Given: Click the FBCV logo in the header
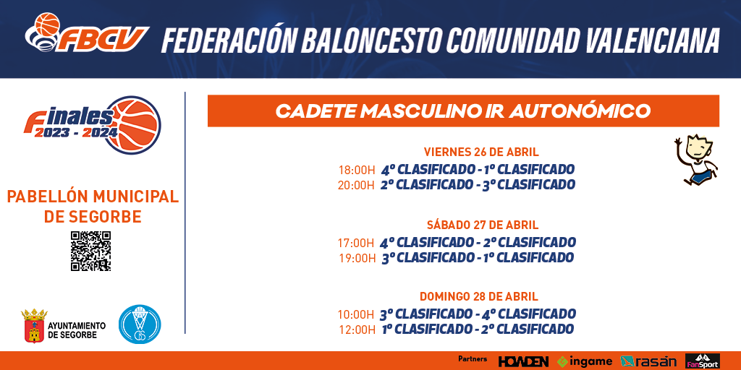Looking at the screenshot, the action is coord(87,33).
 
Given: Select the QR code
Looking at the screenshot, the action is coord(90,251).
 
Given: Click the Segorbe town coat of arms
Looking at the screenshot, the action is coord(34,326).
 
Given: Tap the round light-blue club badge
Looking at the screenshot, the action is coord(140,324).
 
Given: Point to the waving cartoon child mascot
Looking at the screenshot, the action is coord(695,160).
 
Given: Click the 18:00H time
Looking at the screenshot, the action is coord(356,170).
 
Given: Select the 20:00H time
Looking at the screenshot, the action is coord(356,185).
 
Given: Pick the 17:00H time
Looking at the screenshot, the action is coord(356,243).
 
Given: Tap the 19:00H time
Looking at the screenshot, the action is coord(357,258).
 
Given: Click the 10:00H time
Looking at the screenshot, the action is coord(356,314).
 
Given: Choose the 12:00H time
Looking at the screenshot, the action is coord(357,330).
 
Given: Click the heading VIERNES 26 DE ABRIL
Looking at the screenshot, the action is coord(481,152).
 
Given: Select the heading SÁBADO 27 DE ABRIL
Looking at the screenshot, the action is coord(482,225).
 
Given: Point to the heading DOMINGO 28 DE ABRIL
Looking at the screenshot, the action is coord(479,297).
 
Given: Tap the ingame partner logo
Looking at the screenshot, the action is coord(585,361).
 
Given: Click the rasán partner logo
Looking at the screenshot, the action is coord(648,361).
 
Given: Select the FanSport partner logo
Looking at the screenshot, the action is coord(703,361).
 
